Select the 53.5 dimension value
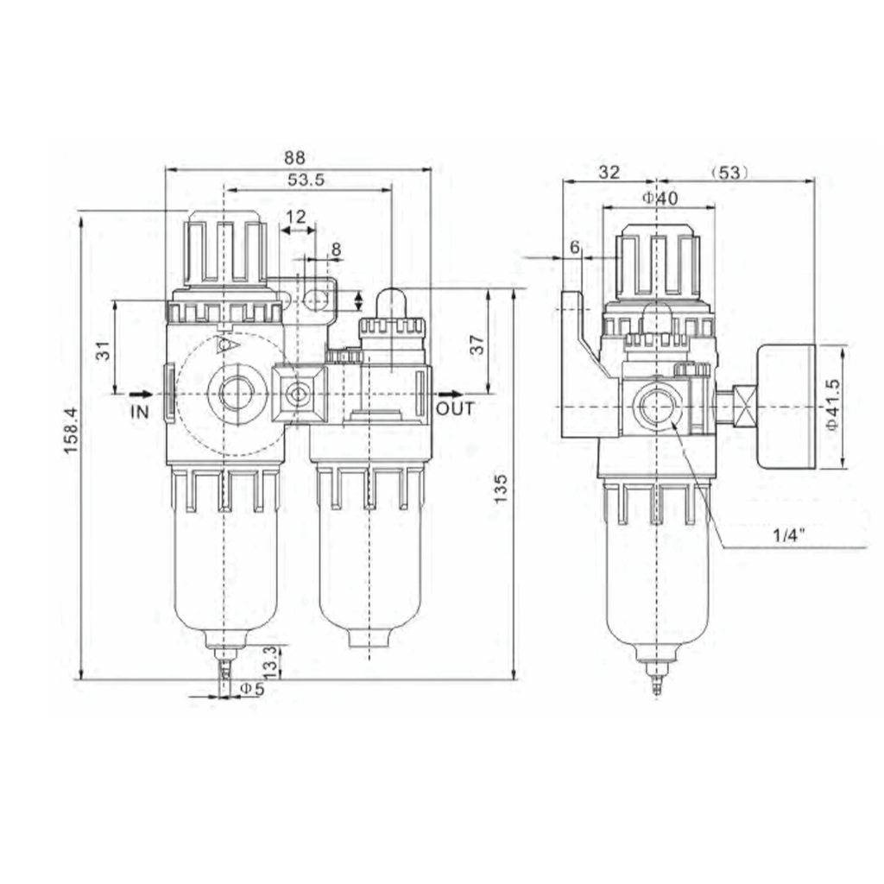[x=305, y=180]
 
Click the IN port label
[x=140, y=412]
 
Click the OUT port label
[x=455, y=408]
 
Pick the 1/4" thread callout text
[x=788, y=534]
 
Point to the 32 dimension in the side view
[x=609, y=172]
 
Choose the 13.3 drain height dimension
[x=269, y=661]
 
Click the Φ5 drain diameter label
[x=251, y=689]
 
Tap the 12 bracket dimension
[x=296, y=215]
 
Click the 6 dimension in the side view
[x=575, y=247]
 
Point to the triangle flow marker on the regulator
[x=227, y=345]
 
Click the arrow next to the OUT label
[x=444, y=395]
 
